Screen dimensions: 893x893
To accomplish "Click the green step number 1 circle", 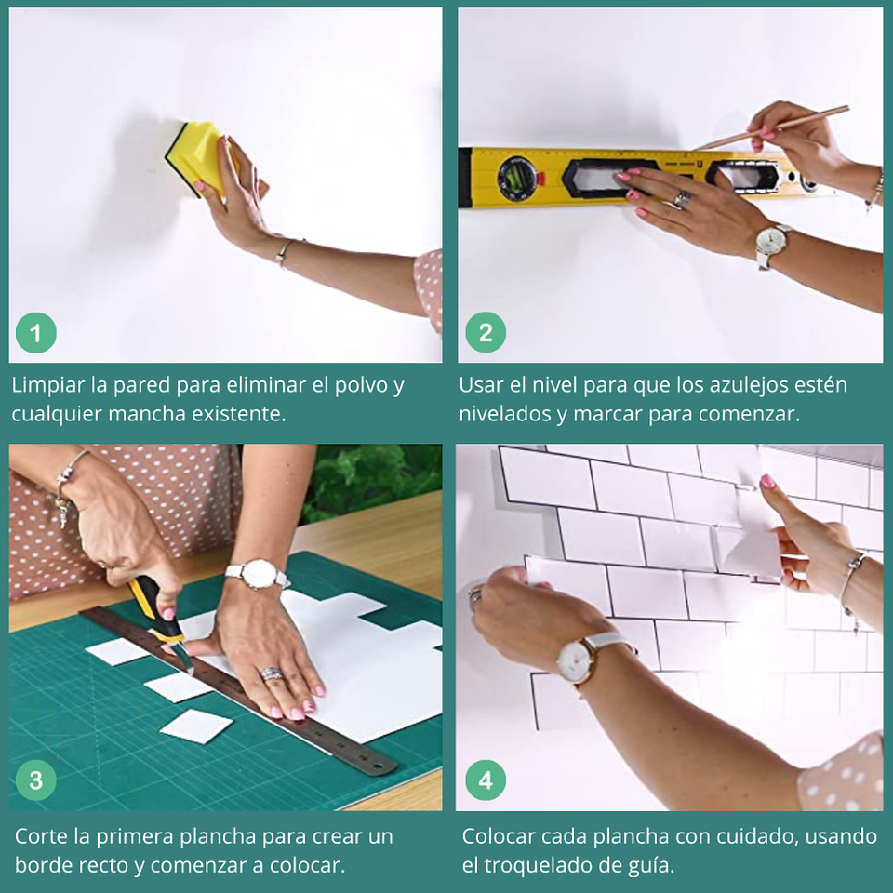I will pyautogui.click(x=36, y=333).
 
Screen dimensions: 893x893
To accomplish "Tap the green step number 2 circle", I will pyautogui.click(x=486, y=333).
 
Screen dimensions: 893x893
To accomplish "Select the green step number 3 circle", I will pyautogui.click(x=36, y=780).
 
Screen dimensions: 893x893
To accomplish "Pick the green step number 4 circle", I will pyautogui.click(x=486, y=780).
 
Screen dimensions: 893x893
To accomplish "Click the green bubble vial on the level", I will pyautogui.click(x=514, y=176).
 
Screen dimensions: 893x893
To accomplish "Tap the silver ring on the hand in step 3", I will pyautogui.click(x=269, y=673).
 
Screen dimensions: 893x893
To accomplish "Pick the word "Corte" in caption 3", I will pyautogui.click(x=41, y=836).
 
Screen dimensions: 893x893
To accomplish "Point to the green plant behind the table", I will pyautogui.click(x=372, y=479).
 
